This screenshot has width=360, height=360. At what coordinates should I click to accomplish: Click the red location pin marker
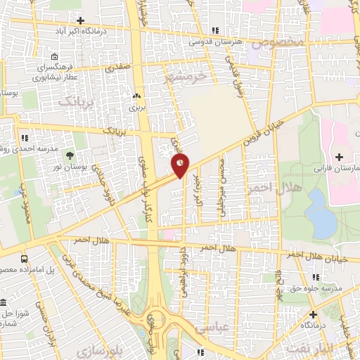click(x=180, y=166)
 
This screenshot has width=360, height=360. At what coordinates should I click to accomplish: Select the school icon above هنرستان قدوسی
click(x=215, y=30)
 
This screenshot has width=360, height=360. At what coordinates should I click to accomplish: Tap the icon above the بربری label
click(x=136, y=96)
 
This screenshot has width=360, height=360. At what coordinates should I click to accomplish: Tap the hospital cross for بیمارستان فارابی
click(x=340, y=156)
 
